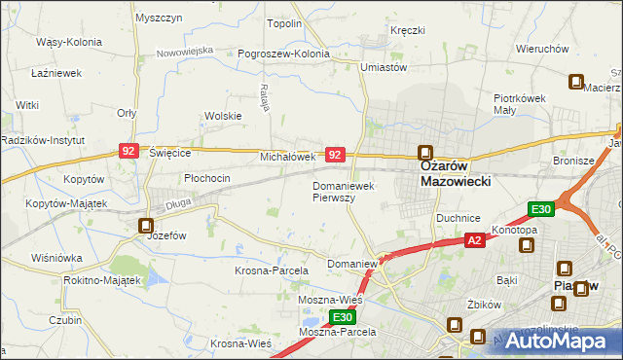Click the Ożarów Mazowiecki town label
(455, 173)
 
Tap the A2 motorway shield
(474, 240)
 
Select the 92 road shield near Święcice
(129, 151)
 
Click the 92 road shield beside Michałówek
(335, 155)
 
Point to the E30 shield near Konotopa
(541, 208)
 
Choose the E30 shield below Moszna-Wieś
(342, 317)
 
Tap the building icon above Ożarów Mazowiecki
(425, 153)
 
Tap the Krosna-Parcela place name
(272, 270)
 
